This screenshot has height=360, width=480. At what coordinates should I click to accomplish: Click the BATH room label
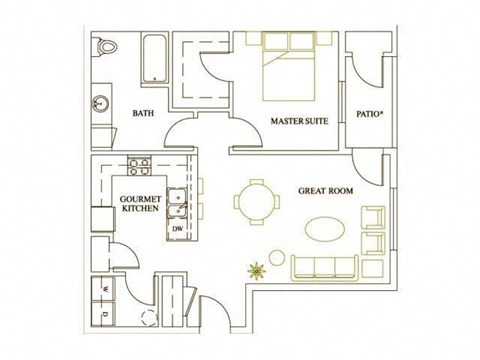tap(143, 113)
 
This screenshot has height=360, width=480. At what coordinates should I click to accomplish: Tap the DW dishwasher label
tap(177, 229)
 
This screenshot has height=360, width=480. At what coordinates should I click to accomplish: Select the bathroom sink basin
tap(100, 102)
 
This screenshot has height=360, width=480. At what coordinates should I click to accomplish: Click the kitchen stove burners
tap(138, 164)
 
